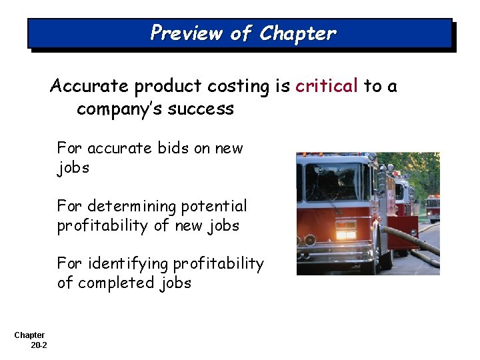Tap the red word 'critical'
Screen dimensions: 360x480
click(x=327, y=86)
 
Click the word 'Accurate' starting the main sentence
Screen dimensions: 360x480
click(x=89, y=86)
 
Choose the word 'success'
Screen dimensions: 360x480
click(x=202, y=109)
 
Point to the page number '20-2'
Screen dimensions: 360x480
click(x=39, y=345)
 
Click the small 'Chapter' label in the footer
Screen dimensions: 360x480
click(x=29, y=335)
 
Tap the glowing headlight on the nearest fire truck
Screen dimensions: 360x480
click(x=345, y=235)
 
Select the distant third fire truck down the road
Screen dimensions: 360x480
click(x=433, y=207)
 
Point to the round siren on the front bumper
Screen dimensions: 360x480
click(x=310, y=239)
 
